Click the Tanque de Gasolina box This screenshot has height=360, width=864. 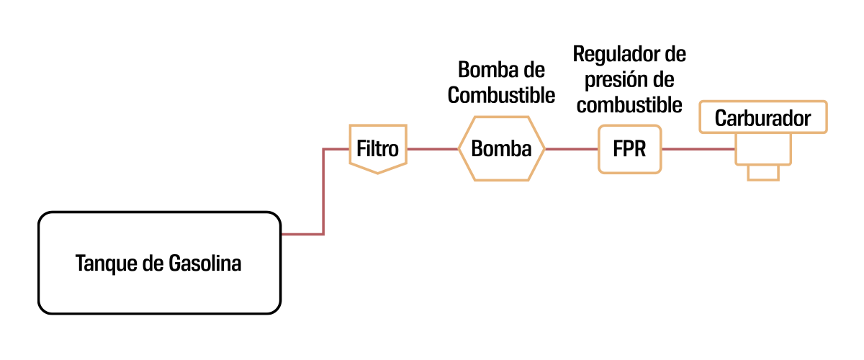pos(158,262)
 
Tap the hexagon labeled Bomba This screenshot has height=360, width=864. pos(501,148)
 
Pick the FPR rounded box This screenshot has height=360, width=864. pos(629,149)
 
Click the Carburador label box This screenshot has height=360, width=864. pos(762,118)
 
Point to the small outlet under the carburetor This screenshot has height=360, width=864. pos(763,172)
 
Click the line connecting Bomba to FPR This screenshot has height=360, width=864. pos(571,149)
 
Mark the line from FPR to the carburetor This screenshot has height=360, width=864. pos(697,149)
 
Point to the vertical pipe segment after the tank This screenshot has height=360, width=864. pos(323,192)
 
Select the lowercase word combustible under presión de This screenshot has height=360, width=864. pos(629,104)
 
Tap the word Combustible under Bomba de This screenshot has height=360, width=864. pos(501,95)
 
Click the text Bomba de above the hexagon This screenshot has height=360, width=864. pos(501,71)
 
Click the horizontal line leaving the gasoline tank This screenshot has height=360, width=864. pos(302,234)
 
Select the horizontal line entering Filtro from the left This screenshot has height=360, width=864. pos(336,149)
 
